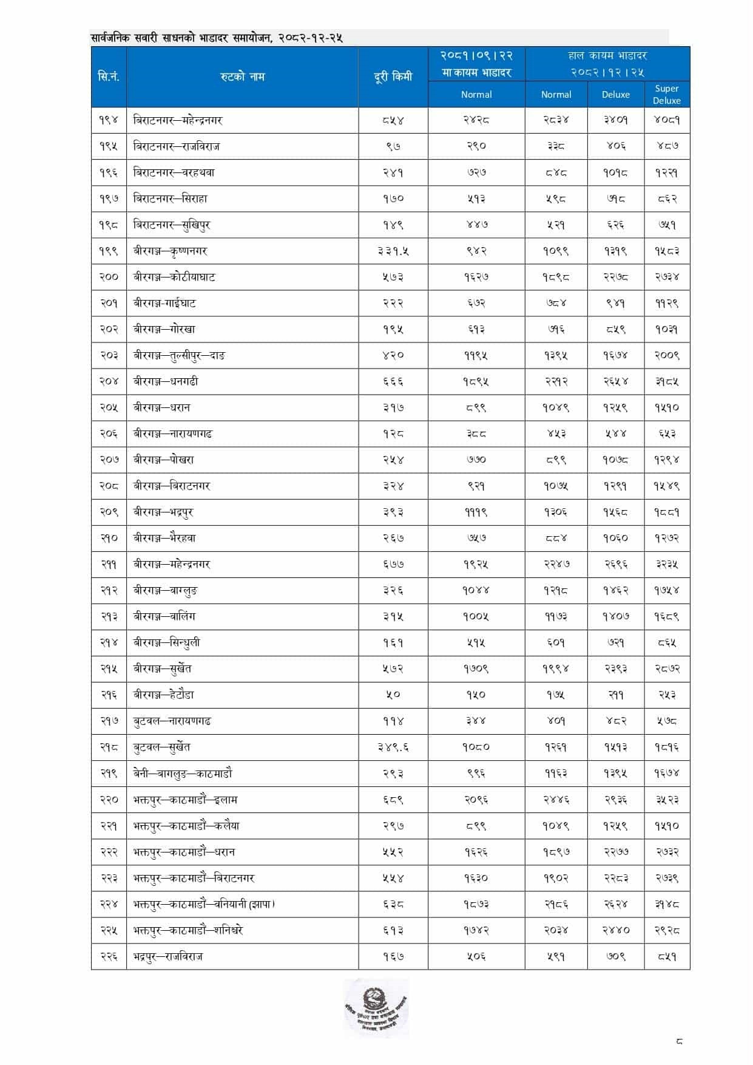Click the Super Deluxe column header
[666, 94]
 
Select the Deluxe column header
[615, 94]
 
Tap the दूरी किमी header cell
[393, 77]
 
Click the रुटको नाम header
[242, 77]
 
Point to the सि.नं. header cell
[109, 77]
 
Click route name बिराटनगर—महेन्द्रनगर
[178, 120]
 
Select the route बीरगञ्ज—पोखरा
[164, 460]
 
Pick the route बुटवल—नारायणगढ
[172, 721]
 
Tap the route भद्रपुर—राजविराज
[168, 956]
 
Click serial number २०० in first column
[109, 277]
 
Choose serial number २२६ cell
[109, 956]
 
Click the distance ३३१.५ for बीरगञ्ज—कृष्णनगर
[393, 251]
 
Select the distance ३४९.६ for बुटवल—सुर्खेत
[393, 747]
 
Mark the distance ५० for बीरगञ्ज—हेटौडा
[393, 695]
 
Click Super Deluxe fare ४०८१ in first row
[666, 120]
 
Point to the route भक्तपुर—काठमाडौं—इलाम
[185, 800]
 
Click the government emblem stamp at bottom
[376, 1008]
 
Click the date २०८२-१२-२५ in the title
[311, 38]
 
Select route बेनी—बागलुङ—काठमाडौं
[183, 774]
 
